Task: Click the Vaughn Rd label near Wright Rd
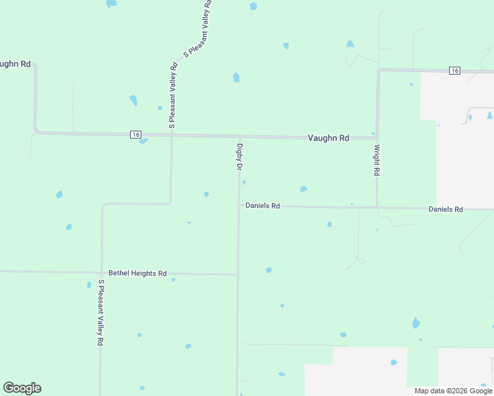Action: [x=328, y=138]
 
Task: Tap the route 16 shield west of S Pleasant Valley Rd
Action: [x=135, y=135]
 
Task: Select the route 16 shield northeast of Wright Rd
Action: [x=454, y=71]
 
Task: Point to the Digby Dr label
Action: [x=240, y=157]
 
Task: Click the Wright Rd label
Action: [x=376, y=160]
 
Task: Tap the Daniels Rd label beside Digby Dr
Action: [x=263, y=206]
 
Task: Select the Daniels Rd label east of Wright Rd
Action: [x=446, y=209]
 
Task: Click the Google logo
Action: [x=22, y=388]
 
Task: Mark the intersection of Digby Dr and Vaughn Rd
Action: [x=239, y=137]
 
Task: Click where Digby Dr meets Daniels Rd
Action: [x=238, y=206]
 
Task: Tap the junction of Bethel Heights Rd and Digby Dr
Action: [x=238, y=274]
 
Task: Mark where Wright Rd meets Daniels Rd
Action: [x=376, y=208]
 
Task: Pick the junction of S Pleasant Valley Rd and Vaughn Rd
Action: [x=172, y=135]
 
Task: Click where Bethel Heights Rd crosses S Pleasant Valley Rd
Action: [x=102, y=272]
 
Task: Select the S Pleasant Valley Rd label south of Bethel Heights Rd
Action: [x=101, y=313]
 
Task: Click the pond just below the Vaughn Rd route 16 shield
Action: [x=143, y=141]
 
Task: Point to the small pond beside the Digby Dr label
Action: [x=244, y=182]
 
